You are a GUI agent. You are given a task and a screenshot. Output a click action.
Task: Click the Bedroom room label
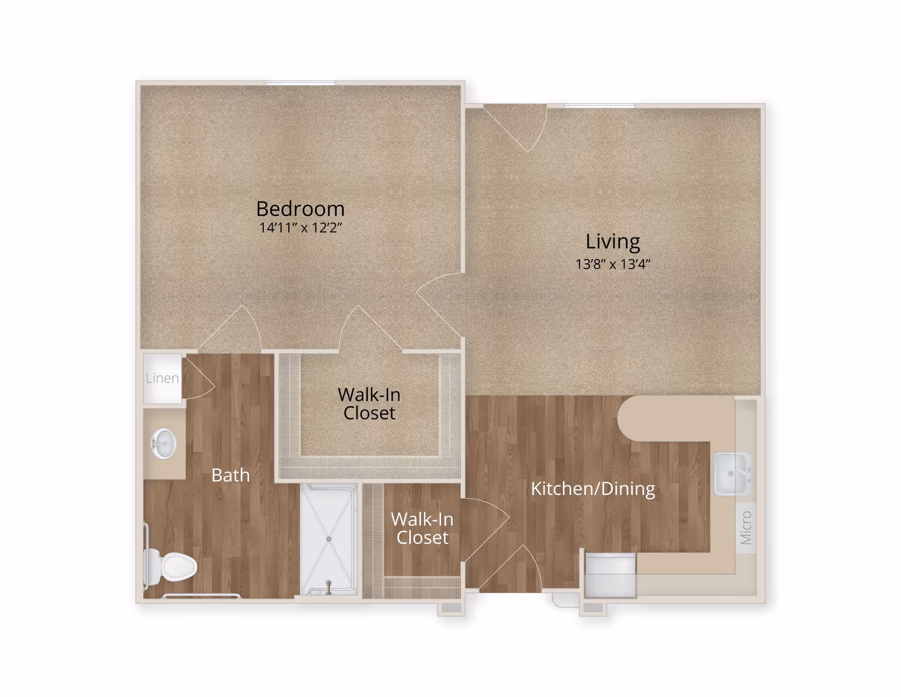[300, 209]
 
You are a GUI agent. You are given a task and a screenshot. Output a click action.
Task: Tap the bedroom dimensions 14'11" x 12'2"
[300, 228]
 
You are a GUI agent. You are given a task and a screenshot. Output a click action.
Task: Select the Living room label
[612, 241]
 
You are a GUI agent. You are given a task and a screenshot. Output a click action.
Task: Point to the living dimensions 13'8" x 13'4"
[612, 264]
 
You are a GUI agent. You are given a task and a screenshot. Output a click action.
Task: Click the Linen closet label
[162, 378]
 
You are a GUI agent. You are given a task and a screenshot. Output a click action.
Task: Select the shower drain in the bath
[328, 539]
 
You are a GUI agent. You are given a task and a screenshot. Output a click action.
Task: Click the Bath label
[230, 475]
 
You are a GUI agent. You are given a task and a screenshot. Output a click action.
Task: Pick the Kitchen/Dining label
[593, 488]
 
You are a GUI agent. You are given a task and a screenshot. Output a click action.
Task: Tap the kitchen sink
[732, 473]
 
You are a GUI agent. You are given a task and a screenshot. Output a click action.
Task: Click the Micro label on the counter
[746, 527]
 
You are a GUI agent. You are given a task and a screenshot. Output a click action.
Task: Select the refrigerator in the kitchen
[610, 575]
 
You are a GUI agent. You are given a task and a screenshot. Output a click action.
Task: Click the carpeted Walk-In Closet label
[369, 403]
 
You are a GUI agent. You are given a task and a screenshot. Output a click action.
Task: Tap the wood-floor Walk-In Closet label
[422, 528]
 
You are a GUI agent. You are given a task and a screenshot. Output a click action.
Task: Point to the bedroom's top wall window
[300, 83]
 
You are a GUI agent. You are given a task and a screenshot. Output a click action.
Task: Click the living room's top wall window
[599, 106]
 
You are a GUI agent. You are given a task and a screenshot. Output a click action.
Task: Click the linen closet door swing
[197, 380]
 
